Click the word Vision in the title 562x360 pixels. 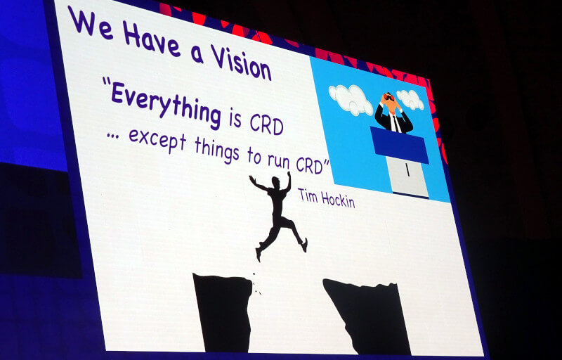[240, 63]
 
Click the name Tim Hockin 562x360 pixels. [326, 198]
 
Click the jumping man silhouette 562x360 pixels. [278, 214]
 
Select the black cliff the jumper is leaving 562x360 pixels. [223, 312]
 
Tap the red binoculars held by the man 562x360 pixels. [388, 97]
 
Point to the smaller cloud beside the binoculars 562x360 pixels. [410, 99]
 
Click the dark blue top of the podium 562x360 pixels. [399, 145]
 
